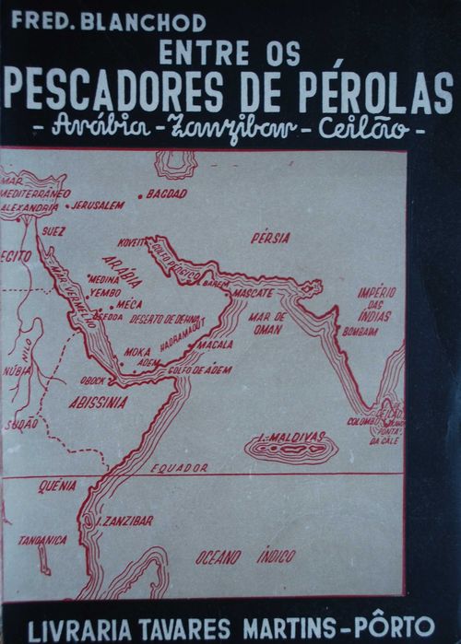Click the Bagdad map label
tap(167, 193)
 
